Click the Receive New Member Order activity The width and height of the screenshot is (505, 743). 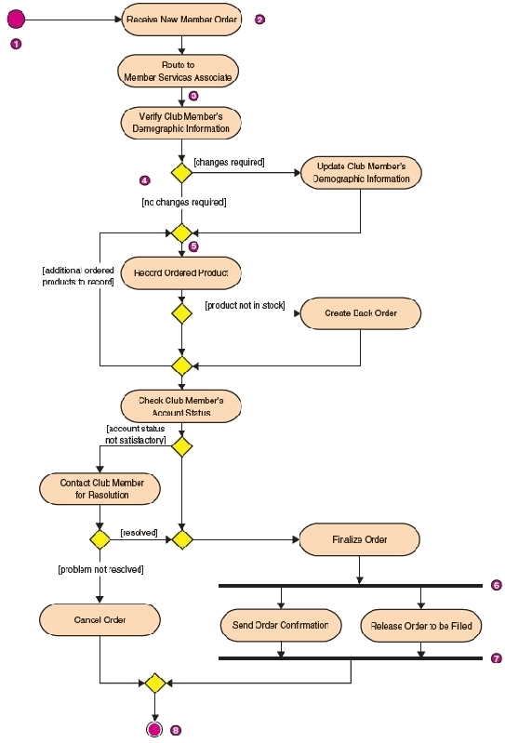pyautogui.click(x=181, y=20)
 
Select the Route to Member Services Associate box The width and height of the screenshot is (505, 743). pyautogui.click(x=178, y=71)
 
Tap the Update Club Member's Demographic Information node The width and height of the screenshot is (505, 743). pyautogui.click(x=361, y=172)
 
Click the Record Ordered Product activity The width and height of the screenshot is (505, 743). pyautogui.click(x=181, y=273)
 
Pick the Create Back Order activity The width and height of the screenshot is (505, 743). pyautogui.click(x=361, y=313)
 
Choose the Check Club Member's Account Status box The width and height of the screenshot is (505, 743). pyautogui.click(x=181, y=406)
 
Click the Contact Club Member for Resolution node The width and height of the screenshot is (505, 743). pyautogui.click(x=100, y=488)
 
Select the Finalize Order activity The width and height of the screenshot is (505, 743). pyautogui.click(x=360, y=539)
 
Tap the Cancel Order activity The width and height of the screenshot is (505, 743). pyautogui.click(x=100, y=620)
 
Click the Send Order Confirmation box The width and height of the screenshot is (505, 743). pyautogui.click(x=281, y=626)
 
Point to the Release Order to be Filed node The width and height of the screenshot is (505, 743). pyautogui.click(x=421, y=626)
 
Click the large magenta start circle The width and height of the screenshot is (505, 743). pyautogui.click(x=16, y=20)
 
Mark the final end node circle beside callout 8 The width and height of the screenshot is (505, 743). pyautogui.click(x=154, y=729)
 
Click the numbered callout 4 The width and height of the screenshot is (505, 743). pyautogui.click(x=145, y=180)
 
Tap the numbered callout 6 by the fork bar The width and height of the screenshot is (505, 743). pyautogui.click(x=497, y=585)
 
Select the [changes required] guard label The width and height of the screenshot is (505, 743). pyautogui.click(x=230, y=162)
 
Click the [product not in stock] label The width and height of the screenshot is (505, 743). pyautogui.click(x=245, y=306)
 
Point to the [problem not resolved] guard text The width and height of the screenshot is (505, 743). pyautogui.click(x=100, y=569)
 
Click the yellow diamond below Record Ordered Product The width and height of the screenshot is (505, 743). pyautogui.click(x=181, y=313)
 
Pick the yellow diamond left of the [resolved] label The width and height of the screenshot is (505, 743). pyautogui.click(x=100, y=539)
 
